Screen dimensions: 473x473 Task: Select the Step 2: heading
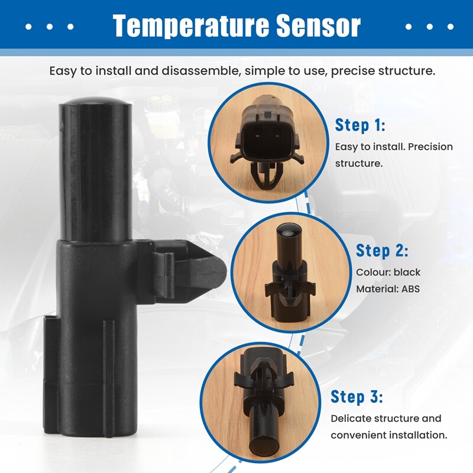coord(382,251)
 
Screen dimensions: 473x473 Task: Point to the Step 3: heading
coord(357,396)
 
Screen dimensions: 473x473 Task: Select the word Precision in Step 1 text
coord(430,146)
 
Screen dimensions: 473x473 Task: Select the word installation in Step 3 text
coord(419,435)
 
